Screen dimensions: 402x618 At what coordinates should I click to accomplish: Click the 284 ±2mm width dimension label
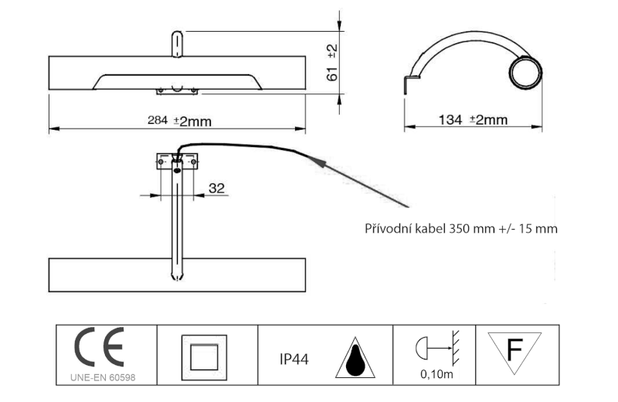pyautogui.click(x=180, y=121)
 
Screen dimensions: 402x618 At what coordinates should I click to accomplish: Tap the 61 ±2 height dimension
pyautogui.click(x=332, y=63)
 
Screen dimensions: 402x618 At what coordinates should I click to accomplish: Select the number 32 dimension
pyautogui.click(x=216, y=186)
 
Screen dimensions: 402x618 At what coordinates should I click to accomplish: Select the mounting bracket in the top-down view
pyautogui.click(x=178, y=162)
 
